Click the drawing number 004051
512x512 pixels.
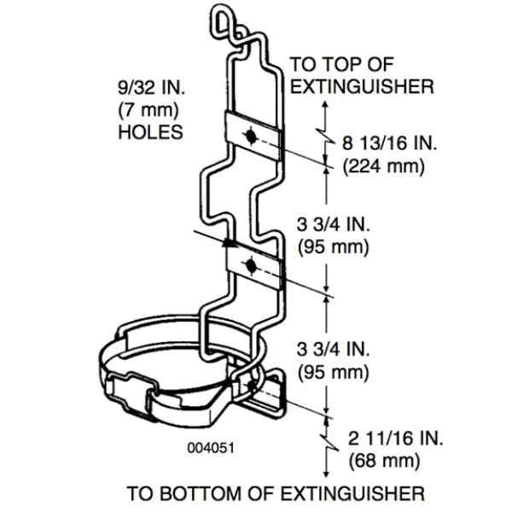[x=211, y=448]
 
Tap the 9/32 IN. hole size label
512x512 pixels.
[x=151, y=88]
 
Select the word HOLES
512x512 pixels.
[x=150, y=132]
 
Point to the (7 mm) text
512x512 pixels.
[x=148, y=110]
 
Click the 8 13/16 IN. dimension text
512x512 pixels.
[x=389, y=143]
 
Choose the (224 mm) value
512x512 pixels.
[x=384, y=166]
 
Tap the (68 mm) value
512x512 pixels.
[x=384, y=461]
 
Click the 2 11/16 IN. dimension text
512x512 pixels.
[x=395, y=439]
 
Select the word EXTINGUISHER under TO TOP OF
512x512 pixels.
[x=362, y=86]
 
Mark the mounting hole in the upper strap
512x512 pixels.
[x=251, y=137]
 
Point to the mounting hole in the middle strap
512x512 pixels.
[x=251, y=265]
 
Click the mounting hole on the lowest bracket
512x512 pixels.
[x=252, y=387]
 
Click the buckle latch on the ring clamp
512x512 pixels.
[x=131, y=396]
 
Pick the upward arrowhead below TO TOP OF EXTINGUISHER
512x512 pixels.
[x=325, y=105]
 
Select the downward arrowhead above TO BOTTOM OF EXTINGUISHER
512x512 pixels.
[x=326, y=474]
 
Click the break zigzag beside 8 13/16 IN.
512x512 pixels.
[x=326, y=137]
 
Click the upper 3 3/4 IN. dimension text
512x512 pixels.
[x=333, y=225]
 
